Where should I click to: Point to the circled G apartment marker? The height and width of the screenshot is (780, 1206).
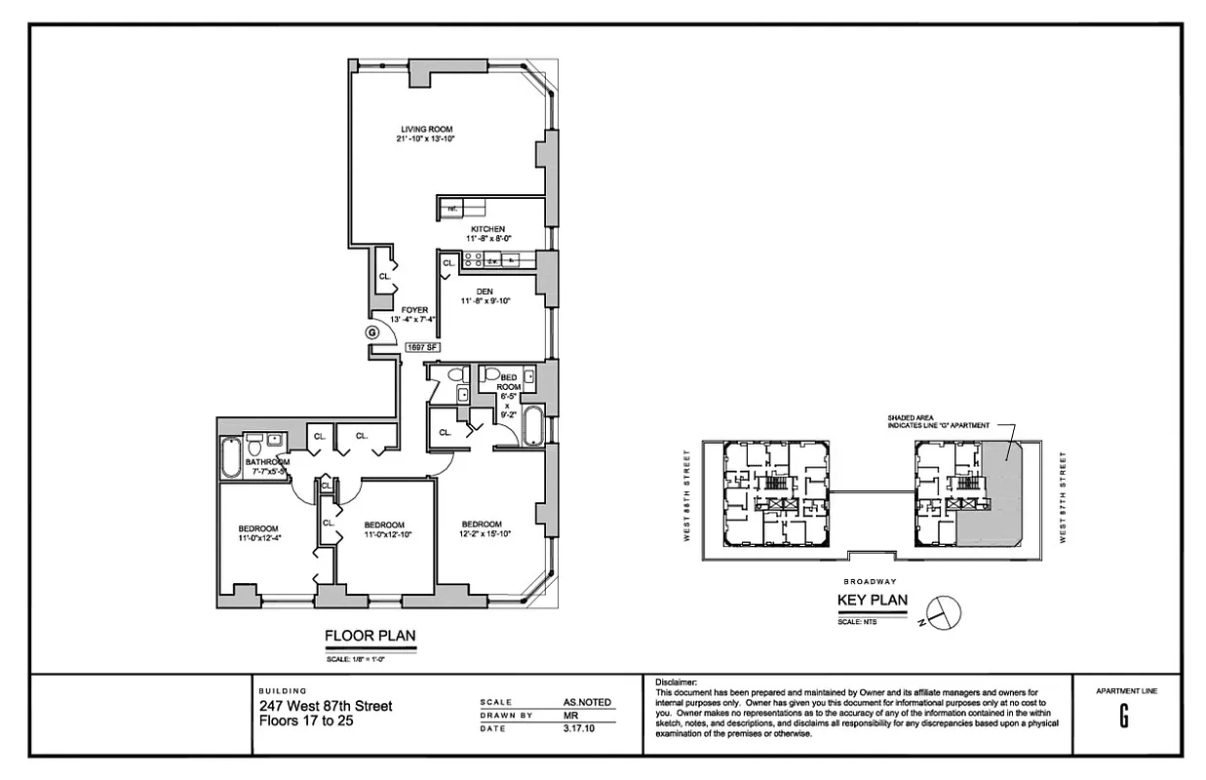(371, 332)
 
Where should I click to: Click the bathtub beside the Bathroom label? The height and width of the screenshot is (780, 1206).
(231, 458)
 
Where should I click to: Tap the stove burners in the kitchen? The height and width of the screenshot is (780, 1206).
(472, 259)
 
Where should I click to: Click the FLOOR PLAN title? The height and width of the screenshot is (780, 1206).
(370, 637)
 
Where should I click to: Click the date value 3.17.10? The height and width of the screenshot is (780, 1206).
(578, 727)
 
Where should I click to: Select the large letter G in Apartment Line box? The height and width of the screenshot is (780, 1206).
(1124, 717)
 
